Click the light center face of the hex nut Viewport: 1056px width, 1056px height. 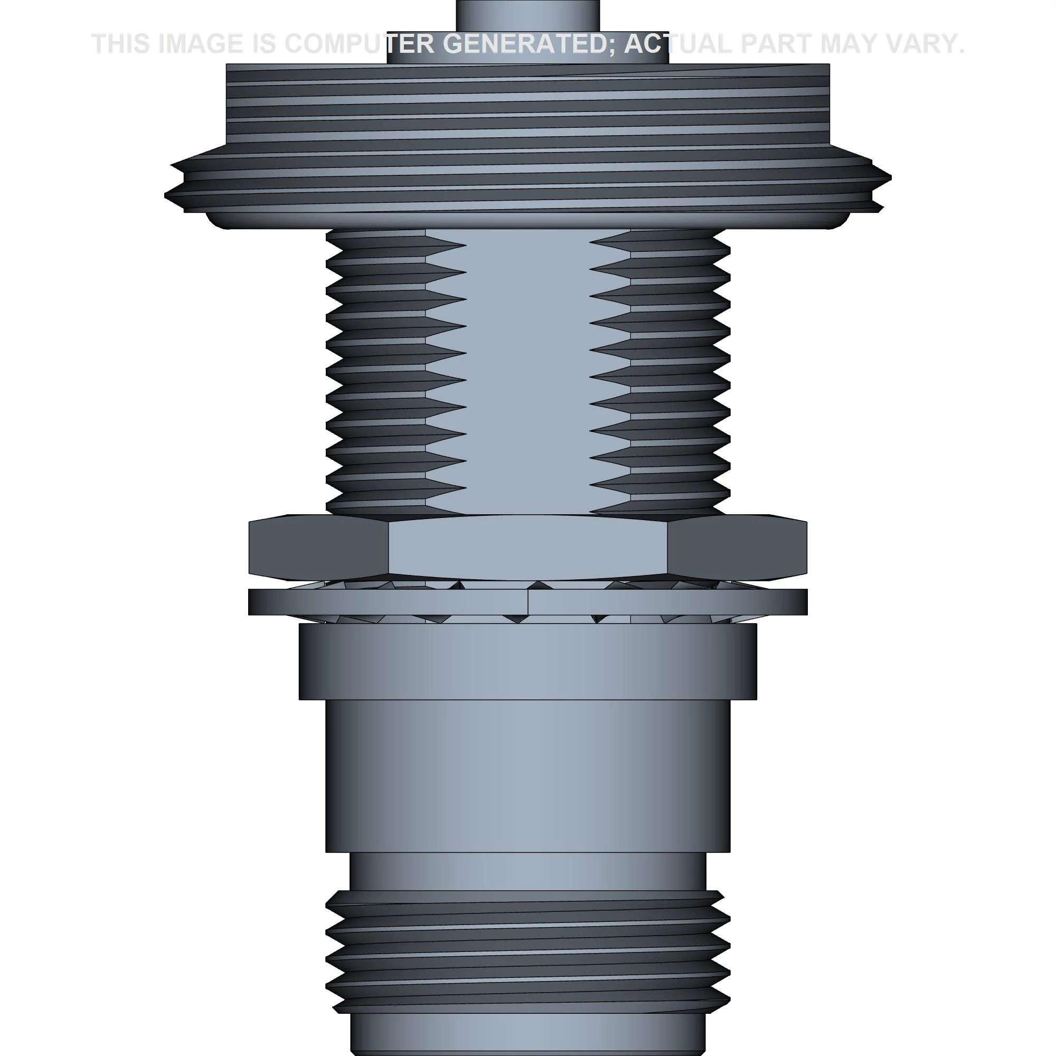pos(527,546)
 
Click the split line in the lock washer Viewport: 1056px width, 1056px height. pos(528,602)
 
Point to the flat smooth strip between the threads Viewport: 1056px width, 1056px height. pos(527,372)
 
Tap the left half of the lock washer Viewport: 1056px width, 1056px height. pos(383,602)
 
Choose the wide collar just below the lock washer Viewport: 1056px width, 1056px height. pos(527,662)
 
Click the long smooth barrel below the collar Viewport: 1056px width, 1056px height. pos(527,776)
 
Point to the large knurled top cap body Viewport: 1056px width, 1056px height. pos(527,109)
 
